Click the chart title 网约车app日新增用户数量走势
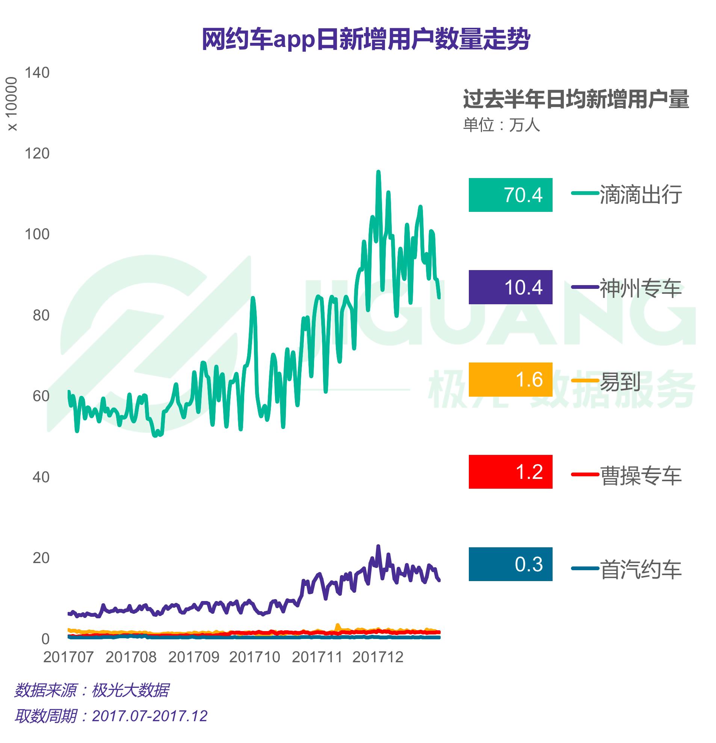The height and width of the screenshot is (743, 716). tap(366, 39)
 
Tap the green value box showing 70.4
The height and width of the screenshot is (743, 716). tap(510, 195)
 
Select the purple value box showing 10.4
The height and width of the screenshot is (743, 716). tap(510, 287)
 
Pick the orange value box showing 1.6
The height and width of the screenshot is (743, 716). tap(510, 379)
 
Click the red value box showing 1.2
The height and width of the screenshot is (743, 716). tap(510, 471)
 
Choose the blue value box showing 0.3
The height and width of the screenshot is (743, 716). tap(510, 564)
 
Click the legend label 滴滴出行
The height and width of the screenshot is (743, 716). tap(640, 195)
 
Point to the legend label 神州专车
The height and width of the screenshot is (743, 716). tap(640, 288)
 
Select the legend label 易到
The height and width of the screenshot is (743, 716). tap(620, 381)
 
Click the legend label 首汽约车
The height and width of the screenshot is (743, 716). tap(640, 569)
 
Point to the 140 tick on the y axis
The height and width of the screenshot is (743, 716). tap(37, 73)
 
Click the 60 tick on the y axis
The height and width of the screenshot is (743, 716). tap(41, 396)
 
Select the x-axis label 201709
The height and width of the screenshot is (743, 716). tap(194, 657)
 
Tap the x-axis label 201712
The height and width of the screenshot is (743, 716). tap(378, 657)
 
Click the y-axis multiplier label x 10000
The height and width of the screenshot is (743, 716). tap(12, 104)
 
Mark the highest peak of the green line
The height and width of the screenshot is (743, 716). tap(378, 172)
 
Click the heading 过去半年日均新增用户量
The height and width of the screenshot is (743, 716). tap(576, 99)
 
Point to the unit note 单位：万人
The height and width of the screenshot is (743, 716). tap(501, 125)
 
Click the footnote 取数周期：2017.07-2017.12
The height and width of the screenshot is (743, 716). tap(111, 716)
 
